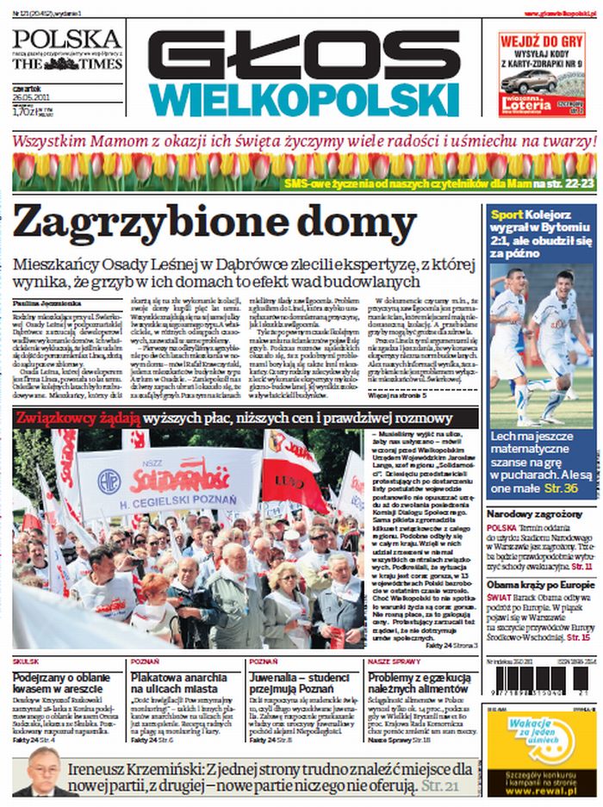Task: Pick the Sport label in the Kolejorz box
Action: pos(507,215)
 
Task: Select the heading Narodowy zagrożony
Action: pos(535,514)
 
